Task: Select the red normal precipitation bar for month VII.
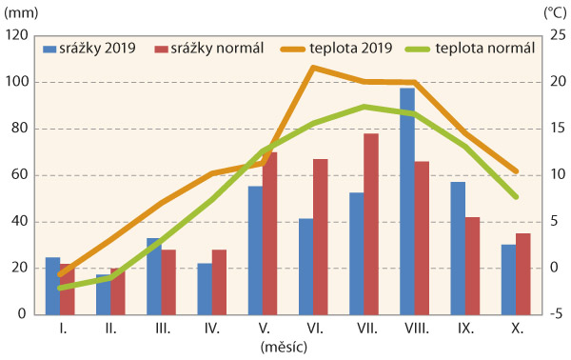[371, 224]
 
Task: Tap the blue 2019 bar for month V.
[255, 250]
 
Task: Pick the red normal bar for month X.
[522, 273]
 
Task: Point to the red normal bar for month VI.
[321, 236]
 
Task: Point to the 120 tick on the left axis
[17, 36]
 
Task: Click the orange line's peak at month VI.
[313, 68]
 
